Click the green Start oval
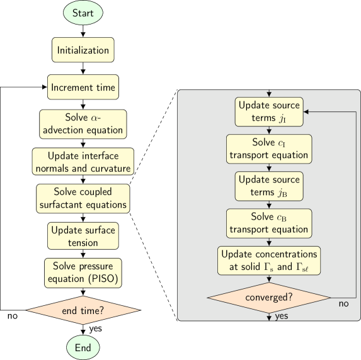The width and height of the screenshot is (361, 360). [83, 13]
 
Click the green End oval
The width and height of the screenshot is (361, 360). [83, 347]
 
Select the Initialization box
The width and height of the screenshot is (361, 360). [83, 50]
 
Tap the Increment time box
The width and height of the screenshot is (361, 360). [83, 87]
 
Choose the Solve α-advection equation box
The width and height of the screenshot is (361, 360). [83, 124]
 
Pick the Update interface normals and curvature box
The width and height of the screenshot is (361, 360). [83, 162]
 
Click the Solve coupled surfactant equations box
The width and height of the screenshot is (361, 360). [83, 198]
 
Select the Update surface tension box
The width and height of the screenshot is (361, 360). [83, 236]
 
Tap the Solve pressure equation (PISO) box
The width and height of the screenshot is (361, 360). [83, 273]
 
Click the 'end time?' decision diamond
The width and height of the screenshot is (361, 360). [83, 310]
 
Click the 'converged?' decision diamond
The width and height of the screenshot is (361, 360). [269, 297]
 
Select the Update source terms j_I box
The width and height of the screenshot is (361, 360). [269, 111]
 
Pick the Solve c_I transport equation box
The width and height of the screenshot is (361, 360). [269, 149]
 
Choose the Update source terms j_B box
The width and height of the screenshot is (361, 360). [269, 186]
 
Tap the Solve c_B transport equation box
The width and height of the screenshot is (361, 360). [269, 223]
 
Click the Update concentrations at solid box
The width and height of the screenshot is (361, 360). [269, 261]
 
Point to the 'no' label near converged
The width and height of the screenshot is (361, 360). [343, 305]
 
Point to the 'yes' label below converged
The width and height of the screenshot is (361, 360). [282, 316]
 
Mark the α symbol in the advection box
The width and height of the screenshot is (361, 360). [95, 118]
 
